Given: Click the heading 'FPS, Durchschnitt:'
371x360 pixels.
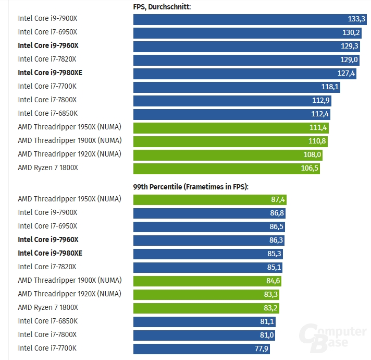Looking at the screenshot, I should tap(162, 7).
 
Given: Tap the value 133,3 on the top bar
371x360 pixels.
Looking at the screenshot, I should tap(356, 19).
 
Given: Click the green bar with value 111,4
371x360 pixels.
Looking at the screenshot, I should tap(231, 128).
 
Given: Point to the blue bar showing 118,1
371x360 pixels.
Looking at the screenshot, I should tap(237, 87).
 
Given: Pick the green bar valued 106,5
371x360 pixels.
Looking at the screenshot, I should tap(226, 169).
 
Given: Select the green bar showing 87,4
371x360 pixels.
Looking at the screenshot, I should tap(210, 199).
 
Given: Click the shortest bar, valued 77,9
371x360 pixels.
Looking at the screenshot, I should tap(202, 349).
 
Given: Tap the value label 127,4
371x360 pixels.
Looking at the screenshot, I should tap(346, 74).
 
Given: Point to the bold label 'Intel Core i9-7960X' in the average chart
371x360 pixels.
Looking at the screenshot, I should tap(48, 45).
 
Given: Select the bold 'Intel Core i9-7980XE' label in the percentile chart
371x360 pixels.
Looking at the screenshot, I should tap(50, 253).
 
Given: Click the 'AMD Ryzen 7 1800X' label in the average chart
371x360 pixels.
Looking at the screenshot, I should tap(48, 167).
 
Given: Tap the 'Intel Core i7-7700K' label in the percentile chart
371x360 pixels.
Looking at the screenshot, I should tap(47, 348).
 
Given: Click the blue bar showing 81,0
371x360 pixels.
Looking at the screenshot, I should tap(204, 335).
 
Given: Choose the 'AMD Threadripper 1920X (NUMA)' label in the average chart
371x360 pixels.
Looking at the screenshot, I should tap(69, 154).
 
